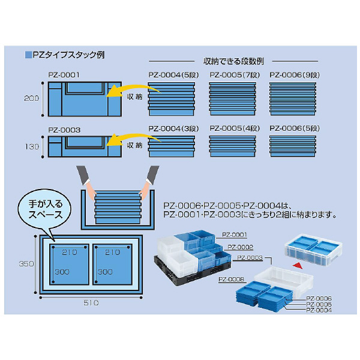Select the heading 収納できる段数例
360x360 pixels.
234,61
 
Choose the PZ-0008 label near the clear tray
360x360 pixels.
230,279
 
